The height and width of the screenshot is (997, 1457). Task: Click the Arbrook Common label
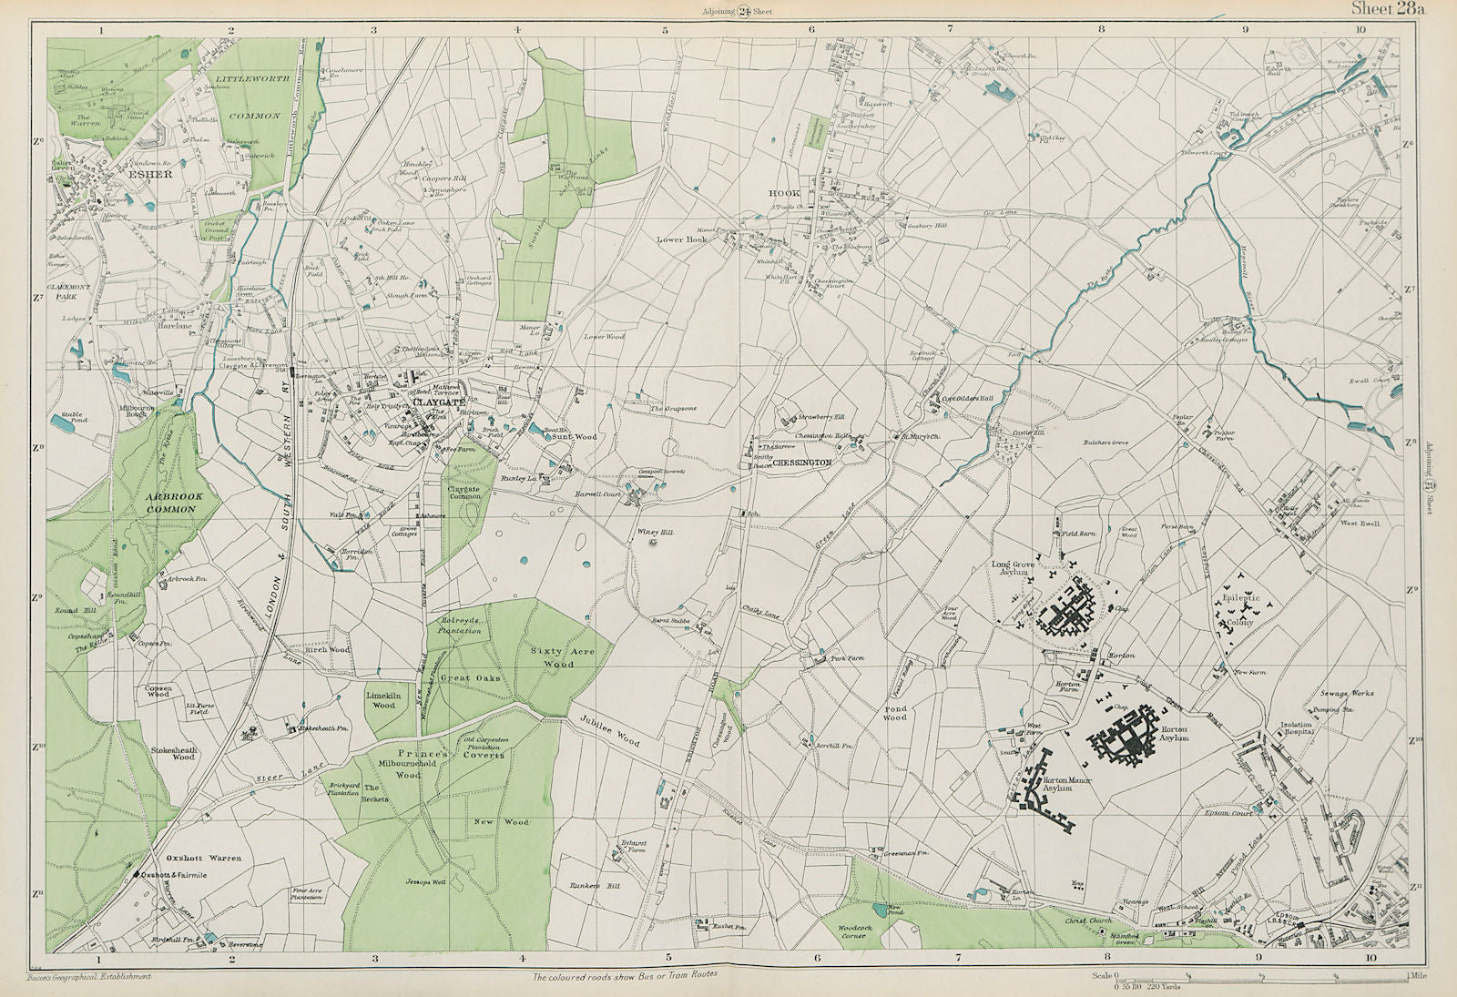[169, 503]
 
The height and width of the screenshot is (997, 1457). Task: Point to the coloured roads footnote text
[627, 974]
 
